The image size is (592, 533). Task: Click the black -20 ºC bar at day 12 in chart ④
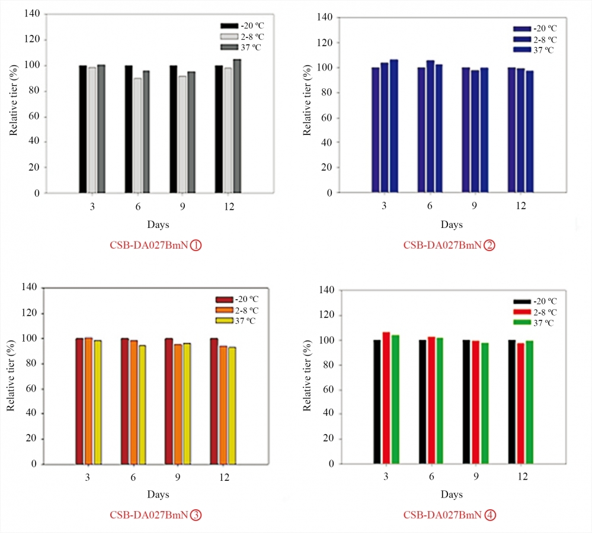(511, 402)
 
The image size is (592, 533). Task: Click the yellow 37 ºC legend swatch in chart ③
(224, 320)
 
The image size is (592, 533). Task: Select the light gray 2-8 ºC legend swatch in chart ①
(228, 37)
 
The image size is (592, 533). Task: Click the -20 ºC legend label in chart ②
(545, 28)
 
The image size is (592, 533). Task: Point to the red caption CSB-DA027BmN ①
(156, 245)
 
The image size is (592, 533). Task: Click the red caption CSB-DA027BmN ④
(450, 515)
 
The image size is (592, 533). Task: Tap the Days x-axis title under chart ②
(452, 225)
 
